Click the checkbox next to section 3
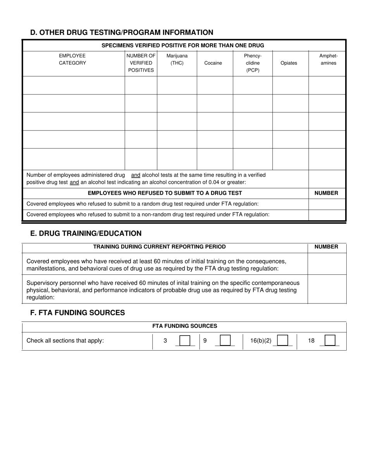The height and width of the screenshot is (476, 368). click(x=185, y=341)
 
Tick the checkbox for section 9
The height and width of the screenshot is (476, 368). click(x=225, y=341)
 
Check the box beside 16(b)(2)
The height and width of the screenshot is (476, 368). click(x=283, y=341)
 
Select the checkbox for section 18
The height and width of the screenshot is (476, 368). click(x=330, y=341)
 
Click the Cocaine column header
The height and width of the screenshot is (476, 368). click(x=213, y=63)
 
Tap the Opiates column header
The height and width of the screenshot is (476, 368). click(x=289, y=63)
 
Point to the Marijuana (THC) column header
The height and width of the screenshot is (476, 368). click(x=177, y=59)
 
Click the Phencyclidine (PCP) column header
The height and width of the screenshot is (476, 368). click(x=253, y=63)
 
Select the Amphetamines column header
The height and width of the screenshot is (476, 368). click(x=328, y=59)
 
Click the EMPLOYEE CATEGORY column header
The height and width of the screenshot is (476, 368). click(x=72, y=59)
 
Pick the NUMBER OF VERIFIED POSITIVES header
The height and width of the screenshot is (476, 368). click(x=141, y=63)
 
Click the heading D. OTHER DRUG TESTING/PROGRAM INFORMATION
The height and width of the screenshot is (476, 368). click(x=122, y=33)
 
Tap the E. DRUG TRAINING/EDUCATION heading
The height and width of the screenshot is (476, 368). click(x=86, y=233)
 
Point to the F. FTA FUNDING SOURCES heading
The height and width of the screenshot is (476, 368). click(x=77, y=313)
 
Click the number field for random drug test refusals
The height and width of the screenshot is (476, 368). click(x=327, y=204)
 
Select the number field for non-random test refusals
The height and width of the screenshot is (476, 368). click(x=327, y=214)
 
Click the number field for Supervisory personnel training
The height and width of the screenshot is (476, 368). click(x=327, y=289)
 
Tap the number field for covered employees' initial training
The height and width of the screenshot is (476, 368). click(x=327, y=264)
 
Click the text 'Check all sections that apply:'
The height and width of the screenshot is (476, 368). click(x=65, y=341)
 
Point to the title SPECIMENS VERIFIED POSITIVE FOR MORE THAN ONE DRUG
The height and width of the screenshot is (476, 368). click(x=183, y=45)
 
